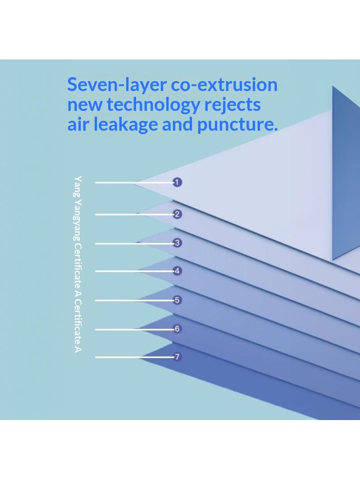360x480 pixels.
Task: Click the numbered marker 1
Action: [177, 183]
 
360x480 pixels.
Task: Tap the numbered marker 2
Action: [177, 214]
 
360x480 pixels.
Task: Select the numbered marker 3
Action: [177, 243]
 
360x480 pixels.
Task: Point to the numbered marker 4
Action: [177, 271]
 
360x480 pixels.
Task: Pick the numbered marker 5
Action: [177, 300]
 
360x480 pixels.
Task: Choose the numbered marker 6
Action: [177, 329]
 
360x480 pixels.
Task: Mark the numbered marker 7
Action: [177, 357]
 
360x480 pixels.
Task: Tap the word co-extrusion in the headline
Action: [224, 85]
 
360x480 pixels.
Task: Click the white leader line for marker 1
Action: [134, 183]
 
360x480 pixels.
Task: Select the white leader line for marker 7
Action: [134, 357]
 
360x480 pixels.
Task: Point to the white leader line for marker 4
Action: [134, 271]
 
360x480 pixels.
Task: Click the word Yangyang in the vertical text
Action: [78, 220]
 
